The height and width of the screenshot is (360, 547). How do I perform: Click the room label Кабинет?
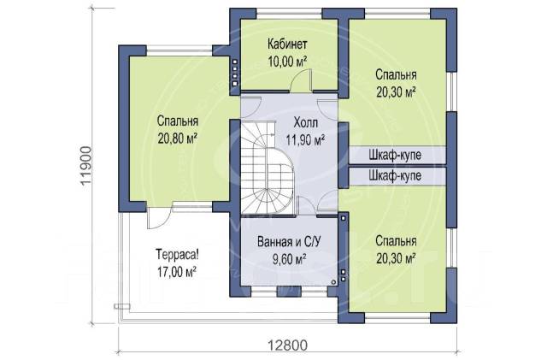(x=287, y=44)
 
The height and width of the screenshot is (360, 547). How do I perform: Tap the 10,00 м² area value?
(x=287, y=62)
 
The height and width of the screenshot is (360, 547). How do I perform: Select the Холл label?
(x=306, y=123)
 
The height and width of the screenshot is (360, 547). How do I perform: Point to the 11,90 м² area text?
(x=306, y=140)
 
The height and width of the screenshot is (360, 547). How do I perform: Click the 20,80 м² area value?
(x=178, y=139)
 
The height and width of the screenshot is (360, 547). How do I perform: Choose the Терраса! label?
(x=177, y=254)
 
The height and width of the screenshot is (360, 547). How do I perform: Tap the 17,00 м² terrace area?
(x=177, y=272)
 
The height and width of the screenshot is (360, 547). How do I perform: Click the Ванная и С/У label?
(x=289, y=242)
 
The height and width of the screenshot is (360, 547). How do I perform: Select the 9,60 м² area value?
(x=289, y=259)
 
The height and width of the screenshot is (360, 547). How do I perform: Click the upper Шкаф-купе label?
(x=395, y=155)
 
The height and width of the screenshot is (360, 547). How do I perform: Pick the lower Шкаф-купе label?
(x=395, y=175)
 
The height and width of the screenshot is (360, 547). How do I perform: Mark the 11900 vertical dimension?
(x=86, y=166)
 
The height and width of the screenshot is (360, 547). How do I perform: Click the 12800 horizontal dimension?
(x=288, y=345)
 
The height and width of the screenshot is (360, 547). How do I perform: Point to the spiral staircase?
(x=267, y=168)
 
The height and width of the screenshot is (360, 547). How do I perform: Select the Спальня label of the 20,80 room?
(x=178, y=121)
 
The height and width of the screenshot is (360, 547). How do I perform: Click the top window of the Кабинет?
(x=289, y=13)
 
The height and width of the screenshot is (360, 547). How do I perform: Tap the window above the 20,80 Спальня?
(x=179, y=51)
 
